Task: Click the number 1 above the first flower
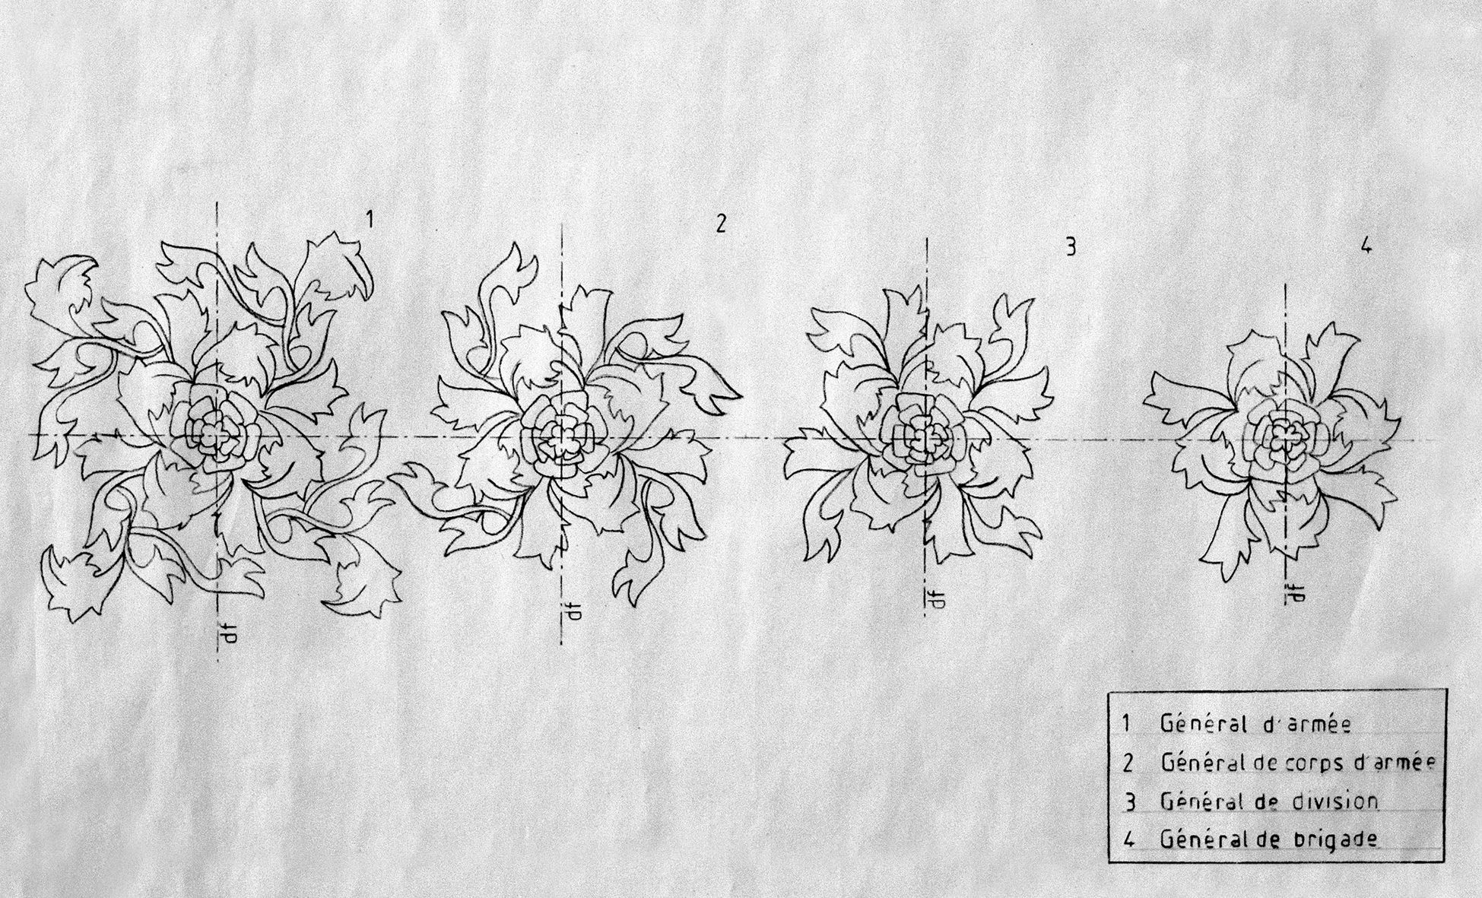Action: pyautogui.click(x=370, y=221)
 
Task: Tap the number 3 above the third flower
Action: pyautogui.click(x=1071, y=246)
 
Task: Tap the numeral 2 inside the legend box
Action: pyautogui.click(x=1128, y=763)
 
